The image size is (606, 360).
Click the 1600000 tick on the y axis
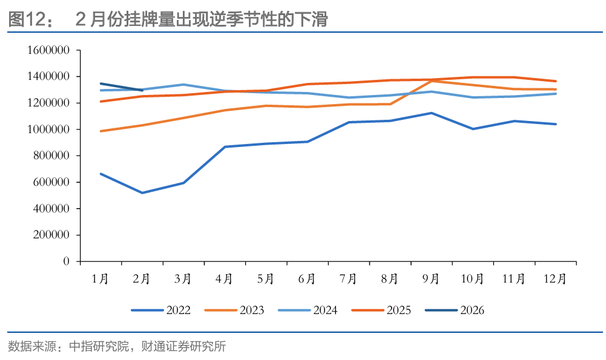pos(48,50)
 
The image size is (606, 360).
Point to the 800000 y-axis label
pos(51,155)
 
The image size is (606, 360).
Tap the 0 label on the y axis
pos(67,261)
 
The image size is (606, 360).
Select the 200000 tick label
pos(51,235)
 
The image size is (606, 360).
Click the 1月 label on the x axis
pos(100,279)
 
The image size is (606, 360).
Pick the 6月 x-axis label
pos(307,279)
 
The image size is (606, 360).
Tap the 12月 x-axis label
pos(555,279)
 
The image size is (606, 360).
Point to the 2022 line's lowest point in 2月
pos(142,193)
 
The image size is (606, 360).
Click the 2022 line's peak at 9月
pos(431,113)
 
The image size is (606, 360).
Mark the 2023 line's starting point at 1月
pos(100,131)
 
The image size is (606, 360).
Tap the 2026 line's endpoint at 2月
pos(142,90)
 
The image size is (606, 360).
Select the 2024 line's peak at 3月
pos(183,85)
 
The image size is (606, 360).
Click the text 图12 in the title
pos(24,19)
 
